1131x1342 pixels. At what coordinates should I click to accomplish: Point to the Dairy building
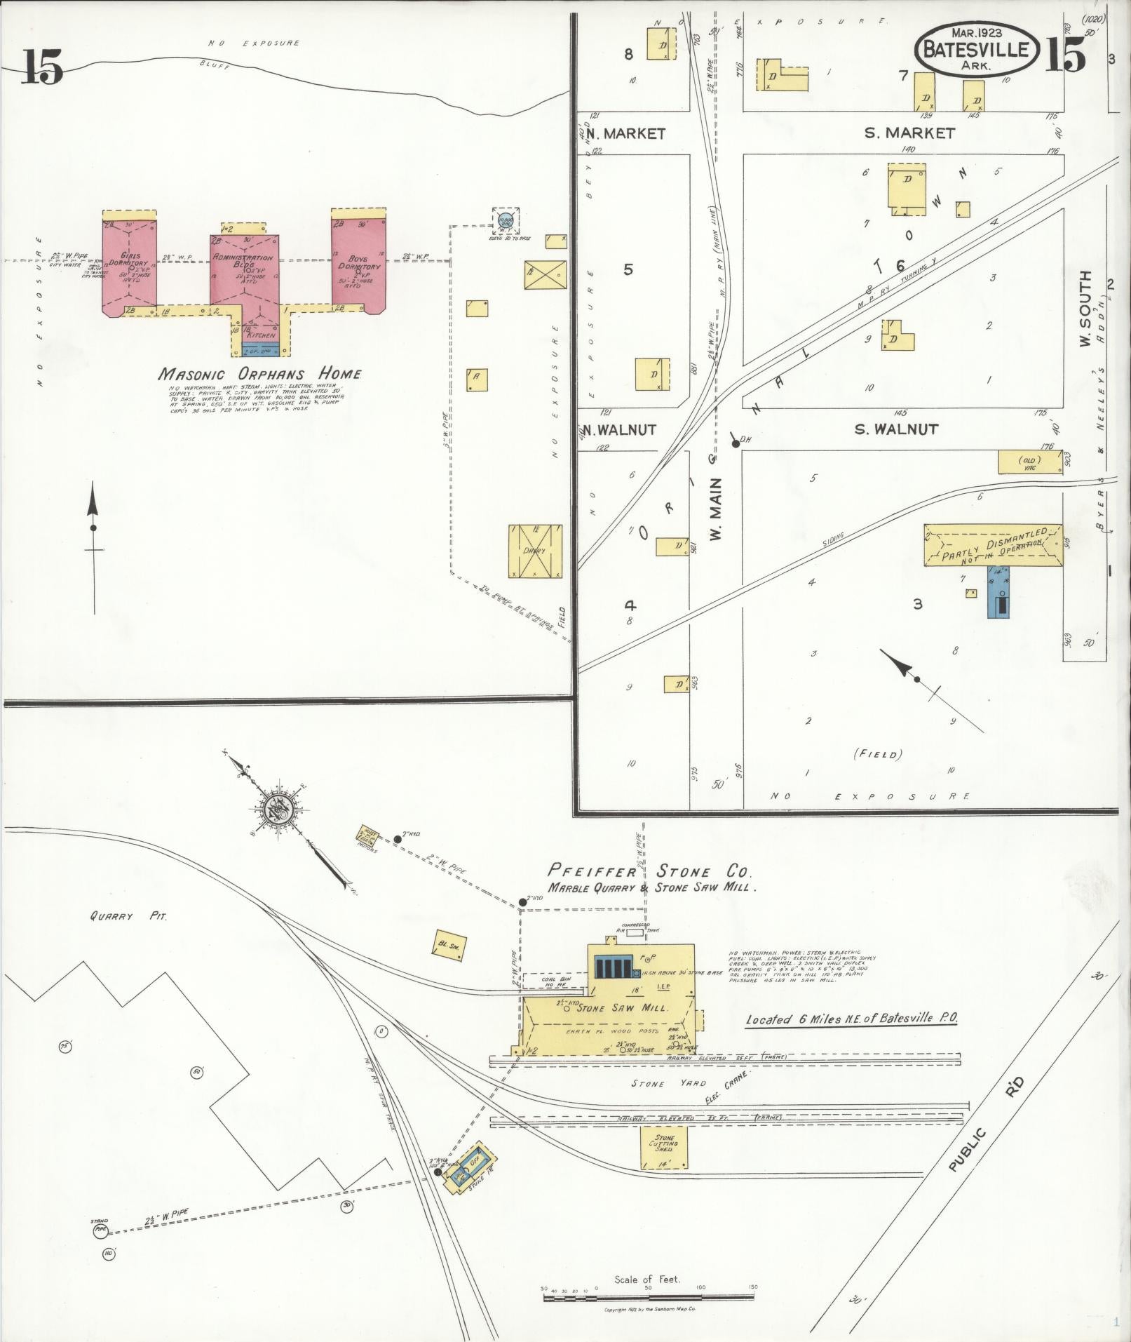(x=535, y=551)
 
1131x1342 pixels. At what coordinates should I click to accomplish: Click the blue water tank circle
(x=506, y=221)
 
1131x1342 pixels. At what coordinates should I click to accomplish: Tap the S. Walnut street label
(x=895, y=429)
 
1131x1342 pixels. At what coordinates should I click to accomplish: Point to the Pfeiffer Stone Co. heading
(x=649, y=873)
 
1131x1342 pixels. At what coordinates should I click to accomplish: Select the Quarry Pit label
(x=128, y=916)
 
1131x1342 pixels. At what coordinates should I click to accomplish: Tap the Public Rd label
(x=987, y=1130)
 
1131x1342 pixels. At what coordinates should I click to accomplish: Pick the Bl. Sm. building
(x=448, y=946)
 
